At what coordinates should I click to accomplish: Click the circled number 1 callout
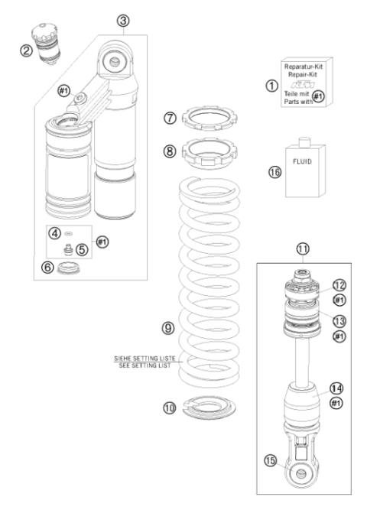pos(271,86)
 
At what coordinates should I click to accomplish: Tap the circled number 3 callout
pos(122,21)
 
